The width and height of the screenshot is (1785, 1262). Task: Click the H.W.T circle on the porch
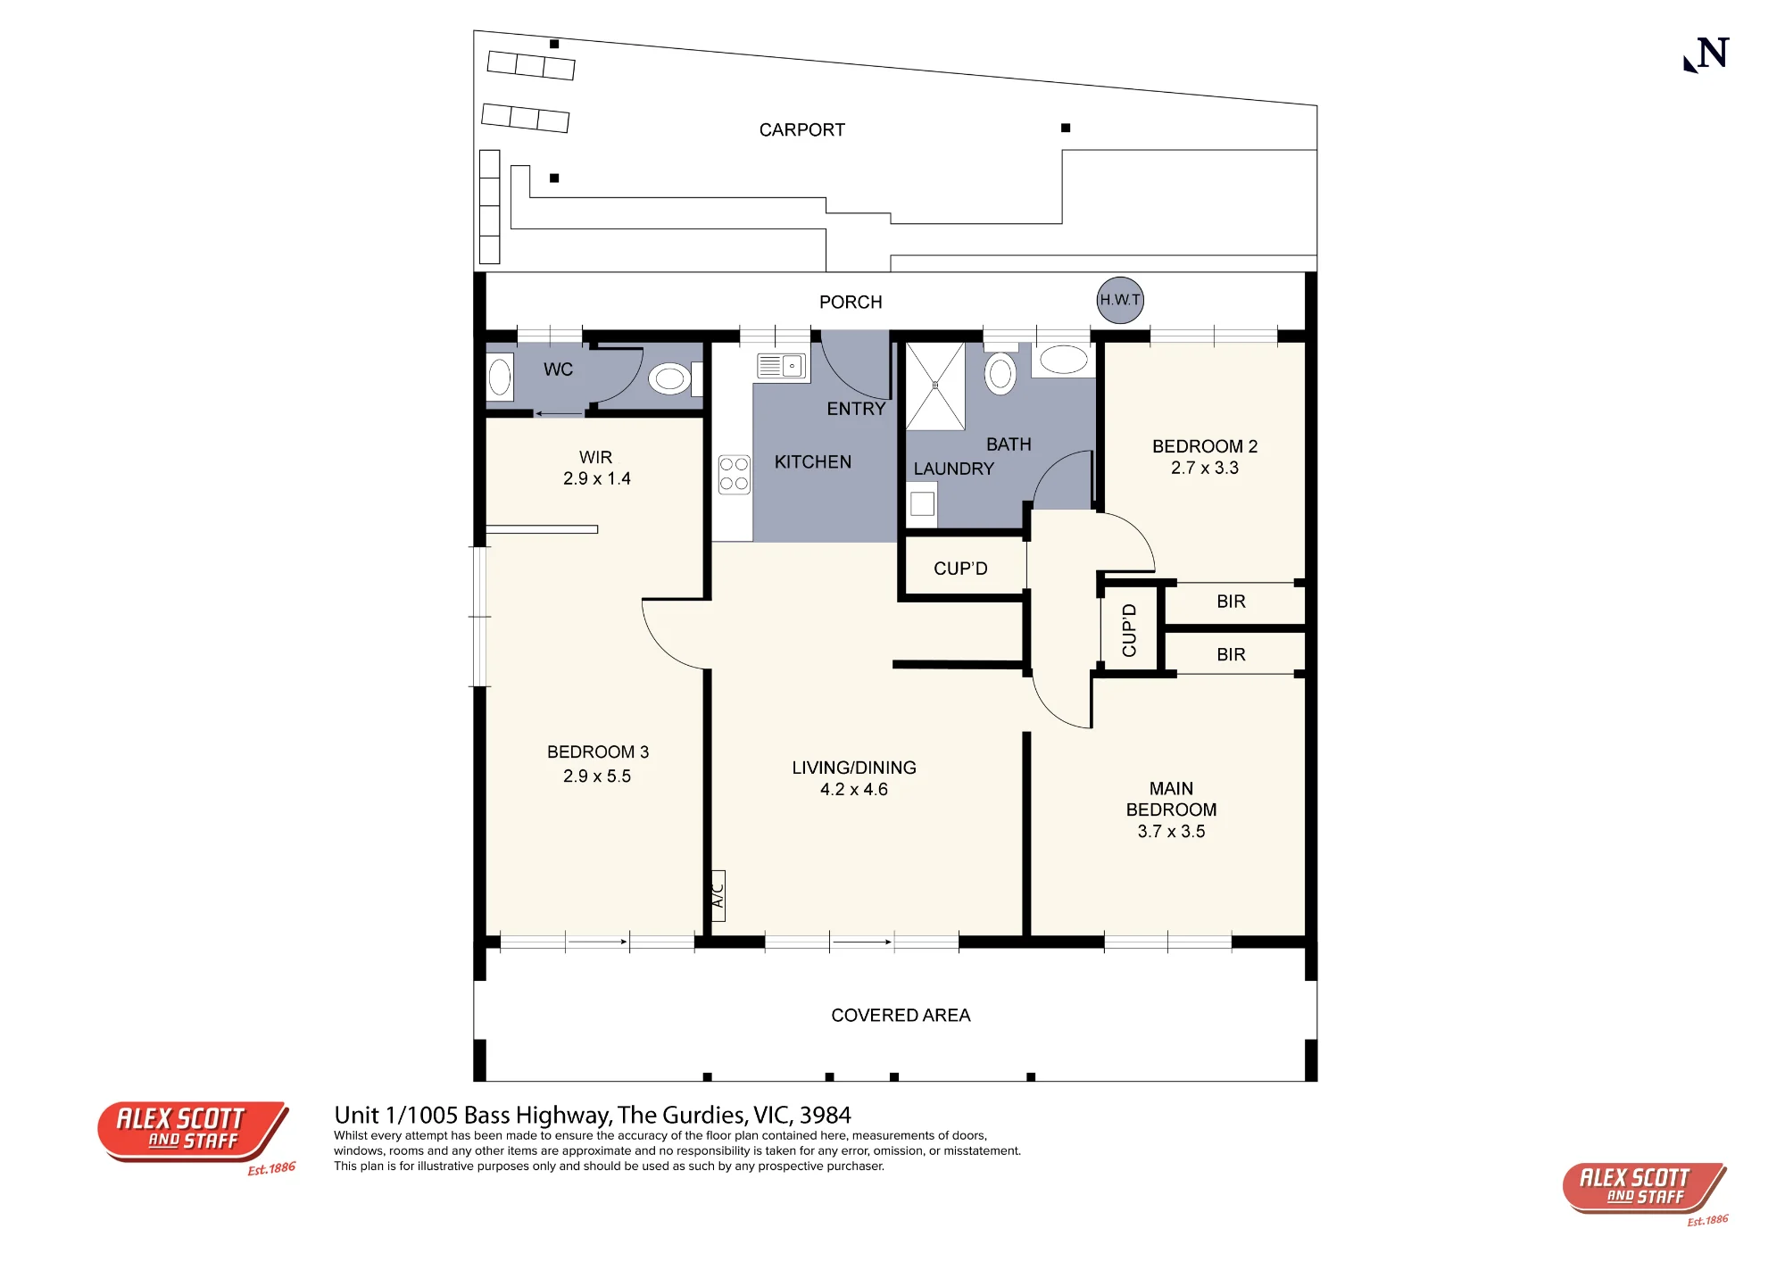(x=1120, y=300)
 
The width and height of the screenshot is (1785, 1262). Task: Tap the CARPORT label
(x=801, y=130)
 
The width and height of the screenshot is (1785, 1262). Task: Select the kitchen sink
(x=781, y=366)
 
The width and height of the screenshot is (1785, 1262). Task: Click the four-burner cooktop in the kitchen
(x=734, y=474)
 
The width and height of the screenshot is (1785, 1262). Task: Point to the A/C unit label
(x=718, y=895)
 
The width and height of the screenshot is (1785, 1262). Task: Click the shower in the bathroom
(x=935, y=386)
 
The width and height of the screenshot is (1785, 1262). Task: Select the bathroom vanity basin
(x=1064, y=360)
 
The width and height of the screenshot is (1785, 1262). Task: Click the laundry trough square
(x=922, y=503)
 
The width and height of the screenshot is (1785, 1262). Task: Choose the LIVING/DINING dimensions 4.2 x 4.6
(x=854, y=790)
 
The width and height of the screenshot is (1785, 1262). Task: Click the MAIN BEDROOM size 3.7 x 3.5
(x=1171, y=832)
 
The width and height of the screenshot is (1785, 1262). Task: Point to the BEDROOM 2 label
(x=1205, y=446)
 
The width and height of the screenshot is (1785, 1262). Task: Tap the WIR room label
(x=595, y=458)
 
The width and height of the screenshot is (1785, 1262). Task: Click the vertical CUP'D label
(x=1129, y=630)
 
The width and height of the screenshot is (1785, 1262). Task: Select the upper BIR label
(x=1231, y=602)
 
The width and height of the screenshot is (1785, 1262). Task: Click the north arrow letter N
(x=1714, y=53)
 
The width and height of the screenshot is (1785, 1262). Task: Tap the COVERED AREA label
(x=901, y=1016)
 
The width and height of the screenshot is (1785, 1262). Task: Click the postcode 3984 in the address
(x=825, y=1116)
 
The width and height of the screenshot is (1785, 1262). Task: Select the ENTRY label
(x=856, y=409)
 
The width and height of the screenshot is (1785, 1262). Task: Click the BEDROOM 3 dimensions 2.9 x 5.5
(x=597, y=776)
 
